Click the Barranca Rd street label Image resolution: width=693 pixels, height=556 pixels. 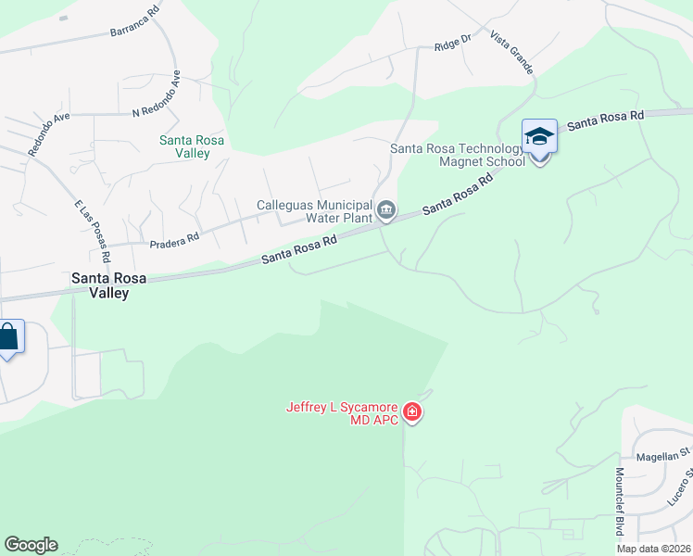[135, 30]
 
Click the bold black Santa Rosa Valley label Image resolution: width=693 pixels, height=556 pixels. [101, 284]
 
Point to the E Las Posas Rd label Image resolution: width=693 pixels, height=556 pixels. [94, 231]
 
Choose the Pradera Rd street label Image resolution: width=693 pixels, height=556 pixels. [175, 238]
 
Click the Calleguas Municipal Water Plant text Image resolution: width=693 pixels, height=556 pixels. [314, 211]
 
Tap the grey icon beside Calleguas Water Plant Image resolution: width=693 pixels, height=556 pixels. [386, 211]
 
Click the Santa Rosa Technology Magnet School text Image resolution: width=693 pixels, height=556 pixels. [458, 154]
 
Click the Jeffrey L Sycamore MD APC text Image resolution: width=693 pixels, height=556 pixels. [341, 412]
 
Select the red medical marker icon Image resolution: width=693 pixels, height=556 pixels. [412, 412]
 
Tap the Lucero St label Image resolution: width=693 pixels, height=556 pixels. [680, 487]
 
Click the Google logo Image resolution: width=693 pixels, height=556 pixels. [31, 545]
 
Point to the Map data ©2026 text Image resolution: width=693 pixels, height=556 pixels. [653, 549]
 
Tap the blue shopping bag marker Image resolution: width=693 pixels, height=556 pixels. [8, 337]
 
